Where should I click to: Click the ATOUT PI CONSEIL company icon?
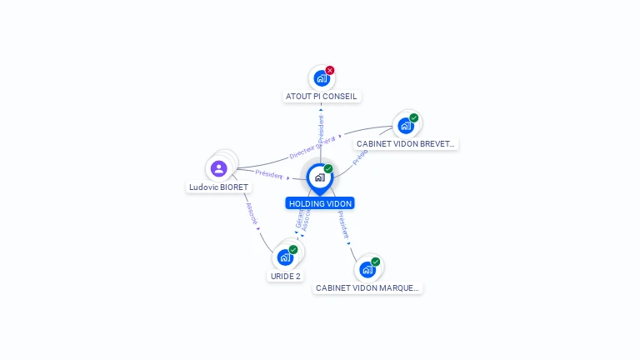click(x=321, y=79)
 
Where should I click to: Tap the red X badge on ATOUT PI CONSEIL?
click(x=330, y=71)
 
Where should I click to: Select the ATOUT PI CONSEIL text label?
click(x=322, y=97)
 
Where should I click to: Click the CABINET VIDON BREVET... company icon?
click(x=406, y=126)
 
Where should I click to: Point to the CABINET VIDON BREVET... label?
click(x=406, y=143)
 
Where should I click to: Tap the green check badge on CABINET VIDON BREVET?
click(x=414, y=118)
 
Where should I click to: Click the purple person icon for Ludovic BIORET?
click(x=219, y=169)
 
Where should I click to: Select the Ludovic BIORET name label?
click(x=218, y=187)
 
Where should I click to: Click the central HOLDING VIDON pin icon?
click(x=319, y=177)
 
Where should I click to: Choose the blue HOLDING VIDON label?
click(x=320, y=203)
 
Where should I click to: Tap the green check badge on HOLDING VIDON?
click(x=328, y=169)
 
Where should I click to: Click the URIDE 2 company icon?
click(x=285, y=257)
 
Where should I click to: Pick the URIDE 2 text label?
click(x=285, y=276)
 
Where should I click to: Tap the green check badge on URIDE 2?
click(x=293, y=250)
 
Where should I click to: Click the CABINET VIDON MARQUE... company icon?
click(x=367, y=269)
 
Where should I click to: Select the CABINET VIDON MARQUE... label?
click(x=367, y=288)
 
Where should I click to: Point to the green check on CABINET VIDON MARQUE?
click(x=376, y=262)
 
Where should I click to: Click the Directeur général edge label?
click(x=312, y=147)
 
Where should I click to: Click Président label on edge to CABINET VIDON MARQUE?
click(x=342, y=225)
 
